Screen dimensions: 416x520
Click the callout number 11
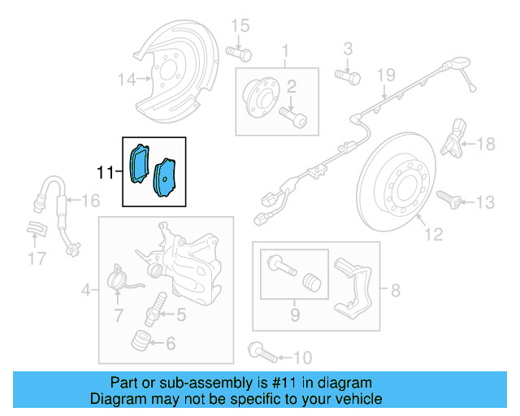(105, 172)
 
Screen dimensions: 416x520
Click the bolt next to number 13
(448, 197)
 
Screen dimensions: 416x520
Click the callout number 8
(396, 289)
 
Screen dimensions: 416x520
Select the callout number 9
(294, 314)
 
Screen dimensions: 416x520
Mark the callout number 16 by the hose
(89, 201)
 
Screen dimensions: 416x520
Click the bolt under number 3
(347, 77)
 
